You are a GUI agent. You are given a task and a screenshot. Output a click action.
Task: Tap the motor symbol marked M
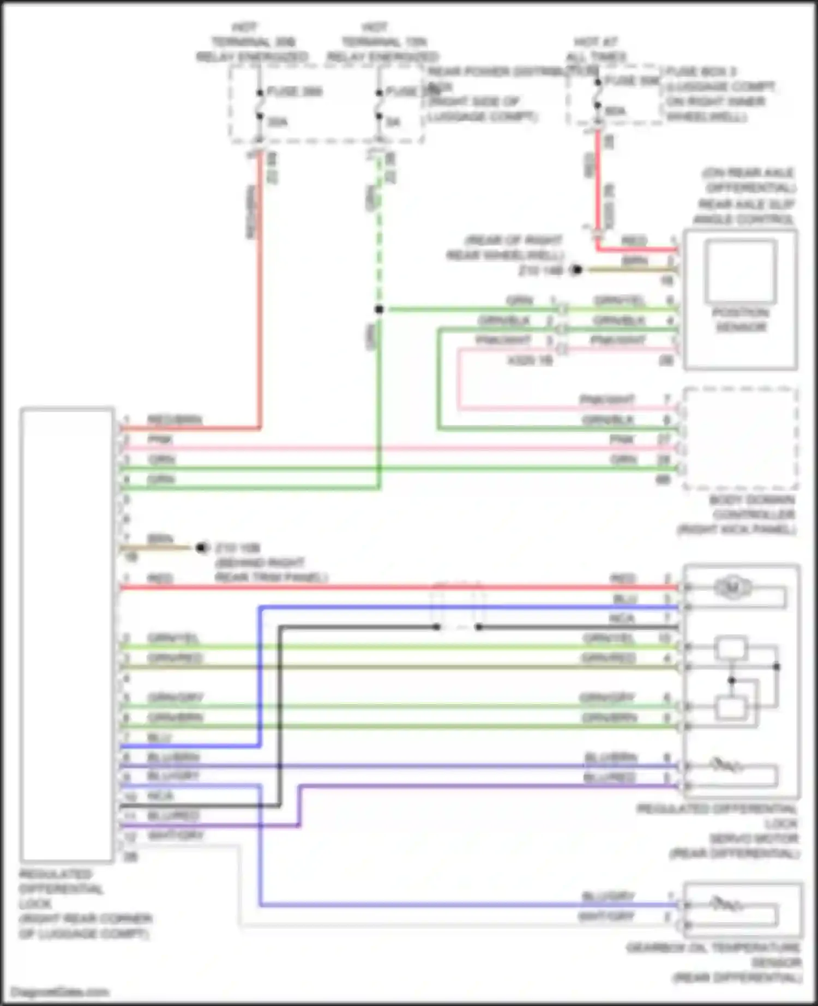tap(732, 587)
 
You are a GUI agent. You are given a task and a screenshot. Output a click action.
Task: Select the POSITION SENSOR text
tap(740, 320)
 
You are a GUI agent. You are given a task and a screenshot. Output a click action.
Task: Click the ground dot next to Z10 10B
tap(202, 547)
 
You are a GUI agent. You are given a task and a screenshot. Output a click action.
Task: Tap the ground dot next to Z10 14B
tap(576, 270)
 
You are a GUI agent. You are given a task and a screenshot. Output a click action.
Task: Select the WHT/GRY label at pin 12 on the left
tap(175, 835)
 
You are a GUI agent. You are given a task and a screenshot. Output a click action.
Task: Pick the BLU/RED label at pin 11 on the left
tap(173, 816)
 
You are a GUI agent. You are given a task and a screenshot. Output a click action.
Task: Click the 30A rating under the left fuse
tap(278, 122)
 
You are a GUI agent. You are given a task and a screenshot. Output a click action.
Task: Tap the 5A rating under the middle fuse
tap(393, 122)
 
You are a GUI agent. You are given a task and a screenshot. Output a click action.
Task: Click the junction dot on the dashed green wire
tap(379, 310)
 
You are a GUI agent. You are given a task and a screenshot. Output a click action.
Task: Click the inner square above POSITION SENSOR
tap(740, 271)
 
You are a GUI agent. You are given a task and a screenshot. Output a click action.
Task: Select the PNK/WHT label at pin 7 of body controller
tap(607, 399)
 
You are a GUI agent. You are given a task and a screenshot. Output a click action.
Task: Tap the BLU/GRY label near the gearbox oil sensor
tap(608, 896)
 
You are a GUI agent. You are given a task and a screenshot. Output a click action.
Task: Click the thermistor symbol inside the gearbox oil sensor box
tap(725, 905)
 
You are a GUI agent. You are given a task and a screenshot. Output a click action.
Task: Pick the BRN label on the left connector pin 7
tap(160, 539)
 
